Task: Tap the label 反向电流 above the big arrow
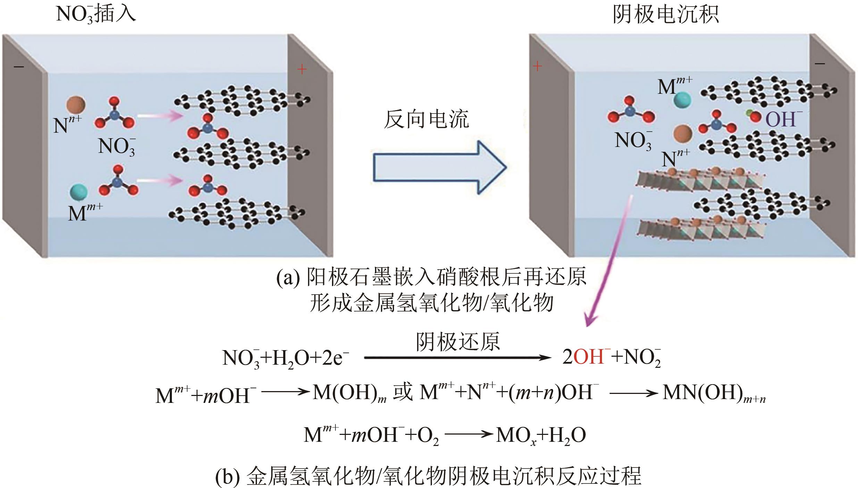click(426, 120)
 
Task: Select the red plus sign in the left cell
click(302, 70)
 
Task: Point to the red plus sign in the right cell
click(537, 66)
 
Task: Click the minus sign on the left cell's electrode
click(19, 66)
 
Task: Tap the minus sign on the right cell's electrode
click(820, 73)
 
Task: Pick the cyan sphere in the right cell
click(683, 100)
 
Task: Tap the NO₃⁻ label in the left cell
click(117, 146)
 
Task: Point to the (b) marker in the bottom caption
click(227, 477)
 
